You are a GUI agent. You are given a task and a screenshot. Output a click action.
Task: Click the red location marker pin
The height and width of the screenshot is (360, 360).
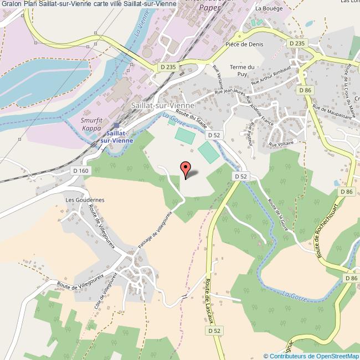[185, 168]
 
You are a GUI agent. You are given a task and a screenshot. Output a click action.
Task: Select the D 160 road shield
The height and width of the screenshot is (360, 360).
[80, 171]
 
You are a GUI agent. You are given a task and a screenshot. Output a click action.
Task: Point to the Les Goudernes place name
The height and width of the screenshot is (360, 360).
[85, 200]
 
